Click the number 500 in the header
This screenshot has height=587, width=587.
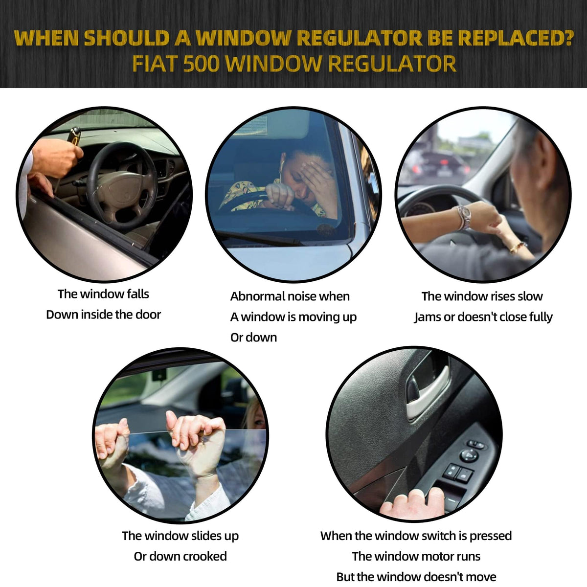(202, 64)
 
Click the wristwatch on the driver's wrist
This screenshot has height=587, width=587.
(464, 217)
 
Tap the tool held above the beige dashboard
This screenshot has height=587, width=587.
(74, 135)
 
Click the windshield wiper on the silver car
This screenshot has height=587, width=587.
(259, 238)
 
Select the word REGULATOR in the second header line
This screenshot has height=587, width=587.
(392, 64)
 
